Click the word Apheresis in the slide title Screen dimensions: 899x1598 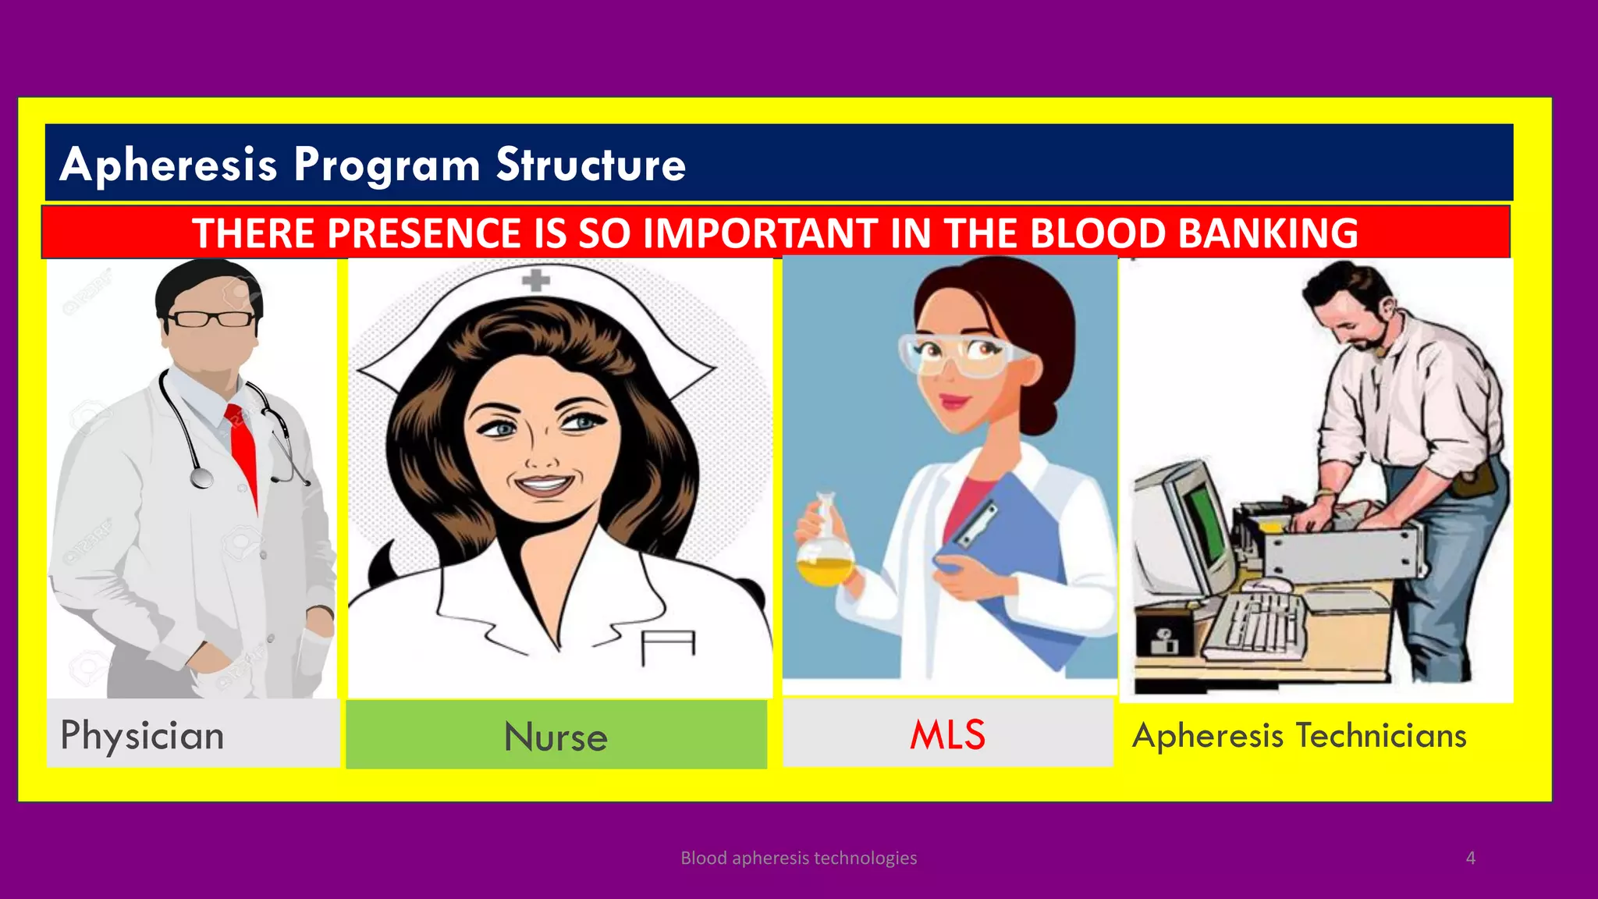point(169,165)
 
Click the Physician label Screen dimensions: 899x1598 point(142,736)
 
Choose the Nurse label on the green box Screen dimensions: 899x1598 point(556,737)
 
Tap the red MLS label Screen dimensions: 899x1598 point(947,735)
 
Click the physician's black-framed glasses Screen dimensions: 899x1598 point(211,318)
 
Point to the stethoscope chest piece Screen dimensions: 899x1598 point(201,477)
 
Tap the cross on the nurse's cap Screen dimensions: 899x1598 point(536,279)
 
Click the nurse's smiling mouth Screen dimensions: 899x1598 point(544,485)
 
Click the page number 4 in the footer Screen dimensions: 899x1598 point(1470,858)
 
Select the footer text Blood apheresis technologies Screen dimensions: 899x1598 point(798,858)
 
